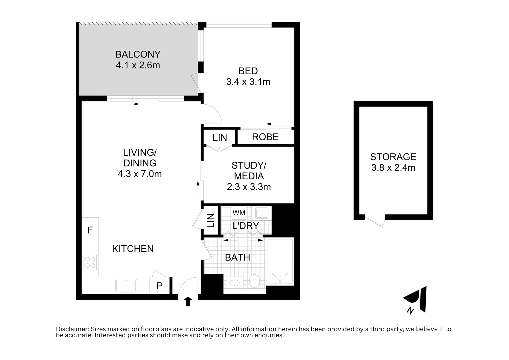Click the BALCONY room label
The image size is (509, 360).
[x=138, y=54]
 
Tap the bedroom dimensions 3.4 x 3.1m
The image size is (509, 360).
[x=248, y=82]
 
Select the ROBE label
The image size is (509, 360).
[x=265, y=137]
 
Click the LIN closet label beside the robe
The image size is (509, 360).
[x=220, y=138]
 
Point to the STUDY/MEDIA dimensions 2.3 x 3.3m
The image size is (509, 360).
[x=249, y=187]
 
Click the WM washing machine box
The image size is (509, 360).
[x=239, y=213]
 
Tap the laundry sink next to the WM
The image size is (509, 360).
[x=262, y=213]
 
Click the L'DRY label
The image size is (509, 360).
[x=245, y=226]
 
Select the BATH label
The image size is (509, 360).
[x=237, y=257]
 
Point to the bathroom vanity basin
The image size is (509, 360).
[x=235, y=283]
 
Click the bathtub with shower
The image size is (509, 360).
[x=280, y=262]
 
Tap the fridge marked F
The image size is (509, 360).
[x=90, y=230]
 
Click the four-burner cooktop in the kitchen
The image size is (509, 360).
[x=90, y=262]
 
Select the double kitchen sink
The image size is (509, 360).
[x=126, y=286]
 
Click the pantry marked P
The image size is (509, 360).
[x=159, y=286]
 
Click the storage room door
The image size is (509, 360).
[x=375, y=221]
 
